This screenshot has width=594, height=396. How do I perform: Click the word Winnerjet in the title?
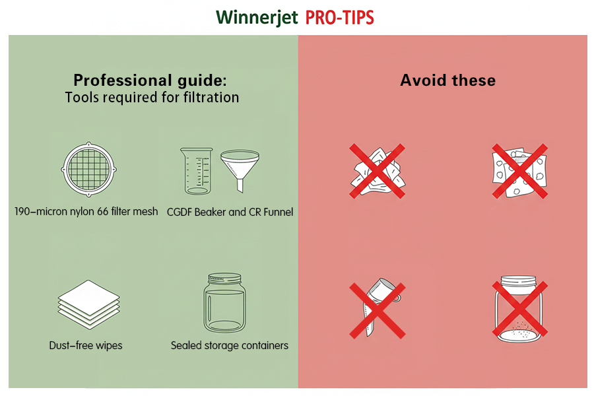pyautogui.click(x=257, y=17)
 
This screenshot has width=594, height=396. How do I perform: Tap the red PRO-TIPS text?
pyautogui.click(x=339, y=18)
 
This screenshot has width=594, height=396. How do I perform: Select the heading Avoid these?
pyautogui.click(x=447, y=81)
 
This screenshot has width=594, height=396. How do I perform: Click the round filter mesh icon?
pyautogui.click(x=88, y=170)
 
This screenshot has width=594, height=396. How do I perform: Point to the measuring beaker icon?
pyautogui.click(x=196, y=171)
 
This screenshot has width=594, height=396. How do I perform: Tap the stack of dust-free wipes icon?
pyautogui.click(x=88, y=304)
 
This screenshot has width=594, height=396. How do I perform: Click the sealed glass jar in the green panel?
pyautogui.click(x=224, y=303)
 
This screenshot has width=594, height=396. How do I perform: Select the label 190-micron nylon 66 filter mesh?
pyautogui.click(x=86, y=211)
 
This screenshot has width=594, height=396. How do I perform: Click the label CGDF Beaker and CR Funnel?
pyautogui.click(x=230, y=212)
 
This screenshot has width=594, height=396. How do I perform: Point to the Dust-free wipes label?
pyautogui.click(x=86, y=345)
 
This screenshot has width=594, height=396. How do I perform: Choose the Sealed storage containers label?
pyautogui.click(x=229, y=345)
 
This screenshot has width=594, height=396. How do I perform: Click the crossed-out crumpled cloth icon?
pyautogui.click(x=378, y=171)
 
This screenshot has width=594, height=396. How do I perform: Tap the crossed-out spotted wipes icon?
pyautogui.click(x=520, y=171)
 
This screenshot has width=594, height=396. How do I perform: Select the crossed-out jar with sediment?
pyautogui.click(x=520, y=310)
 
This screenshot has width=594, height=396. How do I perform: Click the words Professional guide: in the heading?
pyautogui.click(x=150, y=81)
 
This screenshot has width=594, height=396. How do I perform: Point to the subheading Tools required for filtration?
pyautogui.click(x=152, y=98)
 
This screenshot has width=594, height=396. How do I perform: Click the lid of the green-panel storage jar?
pyautogui.click(x=224, y=278)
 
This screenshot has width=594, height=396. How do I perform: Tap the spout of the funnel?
pyautogui.click(x=240, y=186)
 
